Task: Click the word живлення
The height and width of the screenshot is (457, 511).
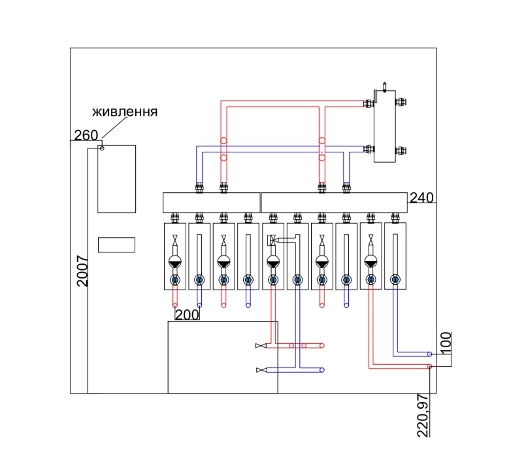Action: pyautogui.click(x=125, y=112)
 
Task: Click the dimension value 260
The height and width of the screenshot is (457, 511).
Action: pyautogui.click(x=86, y=135)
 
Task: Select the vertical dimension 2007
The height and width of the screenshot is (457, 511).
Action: pyautogui.click(x=82, y=271)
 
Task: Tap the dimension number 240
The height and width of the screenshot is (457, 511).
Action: pyautogui.click(x=421, y=197)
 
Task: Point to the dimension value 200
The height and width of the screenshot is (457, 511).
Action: pyautogui.click(x=187, y=314)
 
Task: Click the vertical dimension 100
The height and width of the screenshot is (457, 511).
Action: pyautogui.click(x=446, y=343)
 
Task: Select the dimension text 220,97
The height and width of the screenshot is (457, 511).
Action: pyautogui.click(x=423, y=415)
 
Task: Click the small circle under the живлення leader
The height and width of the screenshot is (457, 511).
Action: pyautogui.click(x=102, y=148)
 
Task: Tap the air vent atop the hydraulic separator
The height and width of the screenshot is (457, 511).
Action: pyautogui.click(x=384, y=86)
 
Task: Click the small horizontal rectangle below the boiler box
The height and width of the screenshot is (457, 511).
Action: pyautogui.click(x=117, y=245)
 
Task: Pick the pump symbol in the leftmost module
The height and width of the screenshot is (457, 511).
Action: pyautogui.click(x=175, y=262)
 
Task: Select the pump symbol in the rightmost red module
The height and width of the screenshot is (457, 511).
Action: pyautogui.click(x=371, y=262)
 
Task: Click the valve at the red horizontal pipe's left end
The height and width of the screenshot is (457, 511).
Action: pyautogui.click(x=261, y=345)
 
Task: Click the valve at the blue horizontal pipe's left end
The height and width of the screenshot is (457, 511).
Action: pyautogui.click(x=261, y=370)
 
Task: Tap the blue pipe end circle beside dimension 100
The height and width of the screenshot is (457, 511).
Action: pyautogui.click(x=430, y=354)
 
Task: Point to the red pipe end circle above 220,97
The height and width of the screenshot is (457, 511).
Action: pyautogui.click(x=430, y=367)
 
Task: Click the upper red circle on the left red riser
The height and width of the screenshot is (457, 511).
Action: pyautogui.click(x=223, y=141)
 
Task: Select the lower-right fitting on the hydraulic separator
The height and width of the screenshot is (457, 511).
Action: pyautogui.click(x=401, y=151)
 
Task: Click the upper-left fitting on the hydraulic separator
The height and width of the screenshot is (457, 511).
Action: pyautogui.click(x=369, y=104)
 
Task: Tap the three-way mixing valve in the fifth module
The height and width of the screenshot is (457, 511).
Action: pyautogui.click(x=272, y=239)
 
